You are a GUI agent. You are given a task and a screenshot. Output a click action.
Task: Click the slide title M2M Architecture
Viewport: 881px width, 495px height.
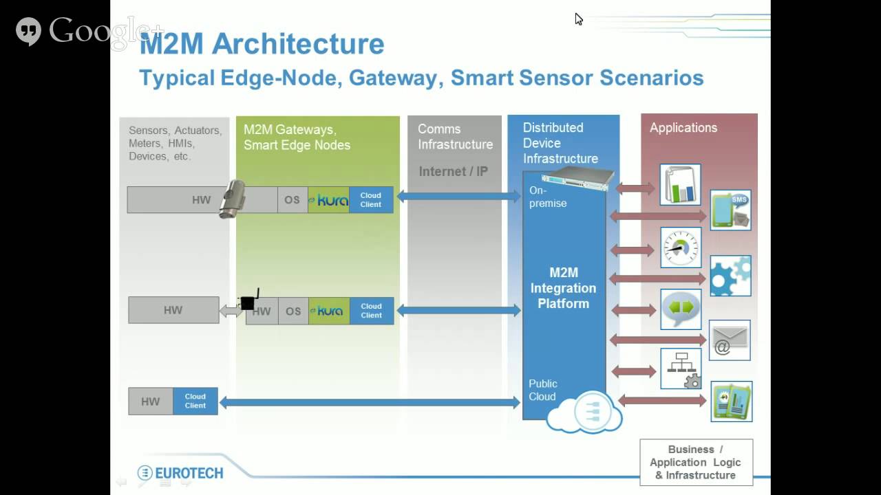(x=262, y=44)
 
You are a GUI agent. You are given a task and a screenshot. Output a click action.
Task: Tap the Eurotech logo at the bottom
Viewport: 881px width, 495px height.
(x=180, y=473)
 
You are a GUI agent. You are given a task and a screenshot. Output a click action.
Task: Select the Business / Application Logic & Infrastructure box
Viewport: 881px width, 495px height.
(x=696, y=462)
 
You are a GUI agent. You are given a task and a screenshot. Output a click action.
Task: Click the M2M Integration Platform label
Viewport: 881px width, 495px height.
(x=563, y=288)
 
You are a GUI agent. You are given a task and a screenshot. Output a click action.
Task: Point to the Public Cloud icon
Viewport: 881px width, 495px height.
(x=584, y=411)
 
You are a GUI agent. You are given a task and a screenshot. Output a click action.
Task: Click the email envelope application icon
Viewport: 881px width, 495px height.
(x=730, y=340)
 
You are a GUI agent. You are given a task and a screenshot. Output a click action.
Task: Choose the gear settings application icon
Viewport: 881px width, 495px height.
(x=730, y=276)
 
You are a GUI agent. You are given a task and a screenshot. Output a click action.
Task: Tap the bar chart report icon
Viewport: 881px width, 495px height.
(x=680, y=184)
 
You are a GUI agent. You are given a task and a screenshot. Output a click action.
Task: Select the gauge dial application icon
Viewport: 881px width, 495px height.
(x=680, y=247)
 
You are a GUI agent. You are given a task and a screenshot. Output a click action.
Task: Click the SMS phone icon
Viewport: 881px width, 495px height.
(x=730, y=210)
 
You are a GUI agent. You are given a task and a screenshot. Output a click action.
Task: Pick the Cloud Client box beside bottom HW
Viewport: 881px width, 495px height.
(x=195, y=401)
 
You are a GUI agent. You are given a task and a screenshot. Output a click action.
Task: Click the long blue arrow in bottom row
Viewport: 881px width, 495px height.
(x=369, y=403)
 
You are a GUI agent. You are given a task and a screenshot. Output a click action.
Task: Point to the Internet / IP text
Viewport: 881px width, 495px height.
(x=453, y=171)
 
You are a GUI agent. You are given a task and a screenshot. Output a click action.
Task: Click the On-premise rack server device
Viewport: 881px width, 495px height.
(x=577, y=179)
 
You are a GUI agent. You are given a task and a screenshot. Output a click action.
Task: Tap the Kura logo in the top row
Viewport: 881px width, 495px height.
(x=328, y=200)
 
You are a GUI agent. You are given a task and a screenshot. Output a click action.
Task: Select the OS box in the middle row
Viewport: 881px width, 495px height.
(x=293, y=311)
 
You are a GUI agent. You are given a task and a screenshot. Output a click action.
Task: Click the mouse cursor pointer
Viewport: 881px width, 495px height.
(x=578, y=19)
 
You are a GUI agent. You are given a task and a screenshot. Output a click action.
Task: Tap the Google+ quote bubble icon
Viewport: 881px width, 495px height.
(x=28, y=31)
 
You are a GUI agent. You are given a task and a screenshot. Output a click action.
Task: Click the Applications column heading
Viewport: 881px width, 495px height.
(x=683, y=128)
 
